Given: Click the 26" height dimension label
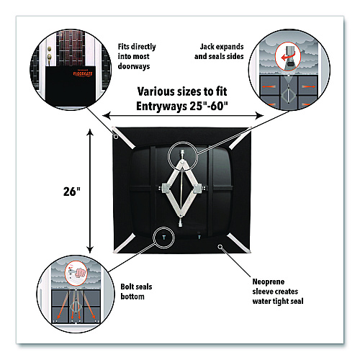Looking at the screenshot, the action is coord(72,192).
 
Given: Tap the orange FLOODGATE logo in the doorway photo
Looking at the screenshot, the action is coord(83,73).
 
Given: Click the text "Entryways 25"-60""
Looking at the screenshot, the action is coord(182,106).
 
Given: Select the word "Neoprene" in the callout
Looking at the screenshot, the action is coord(269,282).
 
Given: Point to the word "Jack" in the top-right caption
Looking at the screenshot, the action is coord(207,47).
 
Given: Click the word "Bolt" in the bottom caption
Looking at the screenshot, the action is coord(127,287).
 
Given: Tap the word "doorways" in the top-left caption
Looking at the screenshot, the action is coord(134,66).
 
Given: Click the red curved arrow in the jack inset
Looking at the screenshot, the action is coord(287,58).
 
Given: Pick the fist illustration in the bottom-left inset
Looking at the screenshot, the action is coord(81,273).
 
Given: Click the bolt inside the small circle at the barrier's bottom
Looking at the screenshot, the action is coord(164,238).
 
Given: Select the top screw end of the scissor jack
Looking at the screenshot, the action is coord(182,153).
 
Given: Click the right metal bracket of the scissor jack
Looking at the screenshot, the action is coord(198,189).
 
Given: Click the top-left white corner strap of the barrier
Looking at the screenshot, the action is coord(124,138).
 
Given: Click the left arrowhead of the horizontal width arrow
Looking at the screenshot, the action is coord(107,116).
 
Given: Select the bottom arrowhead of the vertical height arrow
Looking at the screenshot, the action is coord(90,250).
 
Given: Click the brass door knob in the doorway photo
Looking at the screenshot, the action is coord(49,57).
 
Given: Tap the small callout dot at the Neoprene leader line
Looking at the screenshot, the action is coord(220,246).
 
